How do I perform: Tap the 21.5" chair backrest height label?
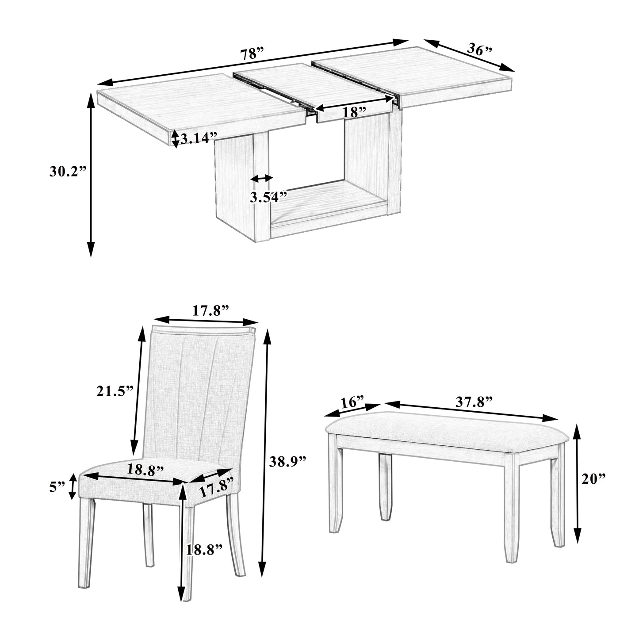click(115, 391)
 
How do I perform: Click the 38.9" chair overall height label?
click(288, 462)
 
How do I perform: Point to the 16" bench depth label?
click(352, 402)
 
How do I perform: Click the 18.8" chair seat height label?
click(203, 550)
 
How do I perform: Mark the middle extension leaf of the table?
click(312, 88)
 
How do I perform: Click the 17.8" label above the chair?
click(210, 310)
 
